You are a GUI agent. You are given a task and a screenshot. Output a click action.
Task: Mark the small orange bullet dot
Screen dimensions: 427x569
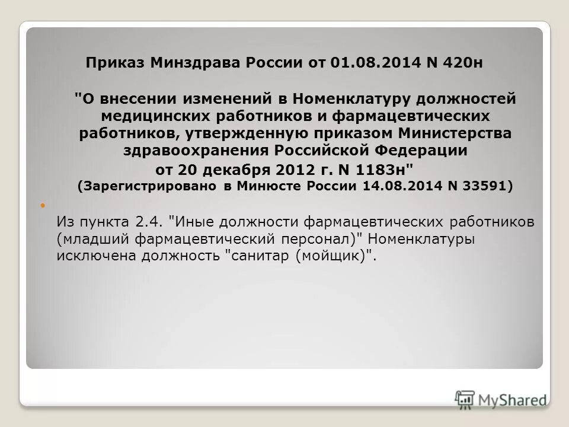(x=43, y=206)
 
